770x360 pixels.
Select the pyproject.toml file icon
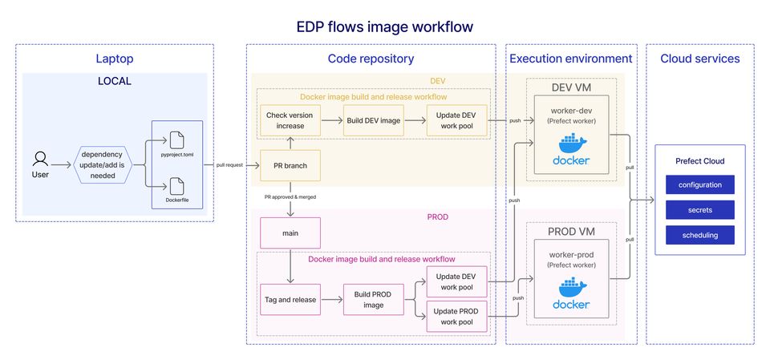176,140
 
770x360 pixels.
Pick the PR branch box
290,166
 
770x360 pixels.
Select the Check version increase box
290,121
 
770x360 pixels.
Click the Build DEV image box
373,121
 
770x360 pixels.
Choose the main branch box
290,233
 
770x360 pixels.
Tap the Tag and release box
290,299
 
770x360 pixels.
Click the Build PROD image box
373,299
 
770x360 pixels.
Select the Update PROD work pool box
456,316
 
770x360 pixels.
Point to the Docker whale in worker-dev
570,147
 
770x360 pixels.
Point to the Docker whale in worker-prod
570,290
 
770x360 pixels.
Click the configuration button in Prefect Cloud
699,185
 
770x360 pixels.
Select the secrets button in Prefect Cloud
699,210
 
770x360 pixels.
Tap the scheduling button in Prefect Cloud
699,235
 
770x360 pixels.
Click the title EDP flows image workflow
385,26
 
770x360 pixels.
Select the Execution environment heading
571,59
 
